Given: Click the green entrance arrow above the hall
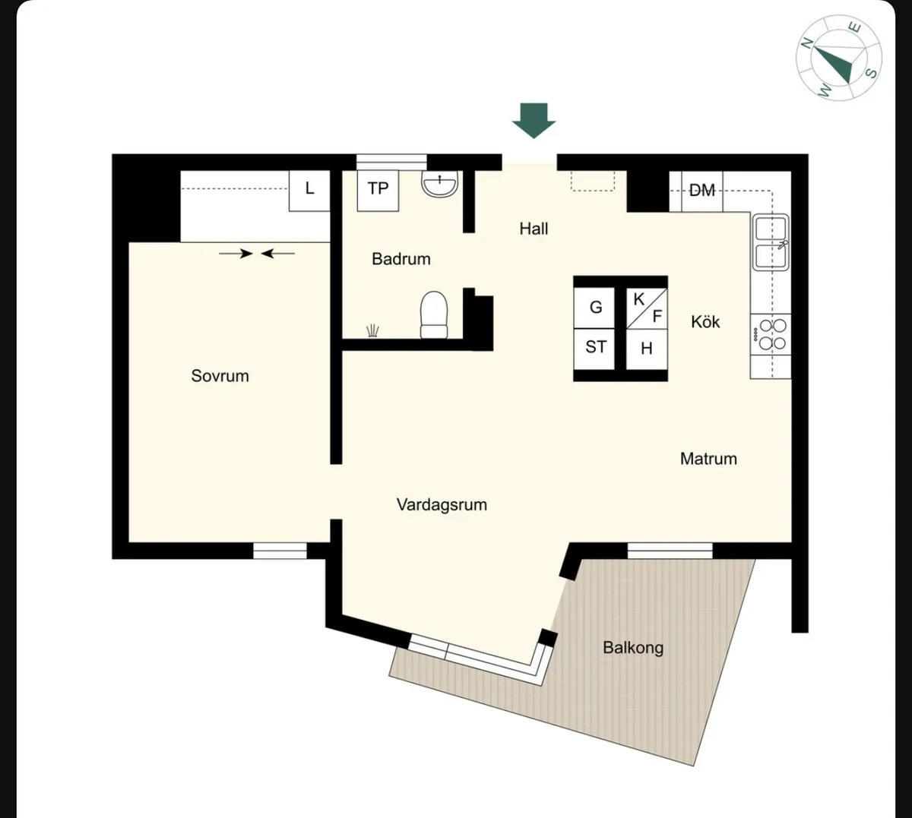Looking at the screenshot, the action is tap(534, 121).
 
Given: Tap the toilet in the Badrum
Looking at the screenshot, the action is tap(434, 315).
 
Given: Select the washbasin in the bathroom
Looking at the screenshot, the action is tap(439, 184).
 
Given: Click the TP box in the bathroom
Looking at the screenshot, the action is tap(378, 191).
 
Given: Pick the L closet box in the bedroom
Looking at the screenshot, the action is tap(309, 191).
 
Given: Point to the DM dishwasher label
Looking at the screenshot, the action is tap(701, 191).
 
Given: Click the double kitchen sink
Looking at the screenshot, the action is tap(771, 242).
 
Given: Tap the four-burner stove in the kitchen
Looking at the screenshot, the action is tap(771, 334).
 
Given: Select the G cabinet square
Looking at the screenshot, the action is tap(594, 308).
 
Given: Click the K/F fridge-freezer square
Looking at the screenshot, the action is tap(647, 308).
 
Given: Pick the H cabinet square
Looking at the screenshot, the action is tap(647, 349).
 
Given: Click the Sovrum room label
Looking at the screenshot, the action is tap(220, 376).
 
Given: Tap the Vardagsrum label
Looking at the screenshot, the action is tap(442, 505).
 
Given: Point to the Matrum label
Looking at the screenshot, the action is tap(708, 459).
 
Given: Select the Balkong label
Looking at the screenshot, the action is tap(633, 648).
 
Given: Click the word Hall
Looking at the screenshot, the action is tap(534, 229).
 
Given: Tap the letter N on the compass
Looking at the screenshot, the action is tap(807, 43).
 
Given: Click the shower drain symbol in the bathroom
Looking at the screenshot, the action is tap(372, 330).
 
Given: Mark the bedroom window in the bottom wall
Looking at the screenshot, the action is tap(280, 551).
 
